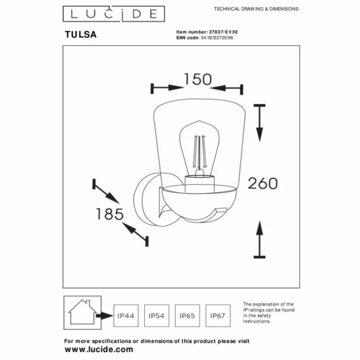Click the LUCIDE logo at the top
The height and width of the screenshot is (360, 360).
[114, 14]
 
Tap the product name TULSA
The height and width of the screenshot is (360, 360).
[80, 35]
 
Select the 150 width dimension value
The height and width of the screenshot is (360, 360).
[198, 79]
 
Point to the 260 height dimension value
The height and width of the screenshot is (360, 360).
[263, 183]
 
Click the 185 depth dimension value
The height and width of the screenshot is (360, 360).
[109, 214]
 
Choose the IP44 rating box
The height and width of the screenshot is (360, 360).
[126, 316]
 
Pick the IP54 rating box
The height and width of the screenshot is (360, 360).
[157, 316]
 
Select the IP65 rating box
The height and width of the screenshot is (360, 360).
[187, 316]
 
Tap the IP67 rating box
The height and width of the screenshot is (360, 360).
[218, 316]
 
